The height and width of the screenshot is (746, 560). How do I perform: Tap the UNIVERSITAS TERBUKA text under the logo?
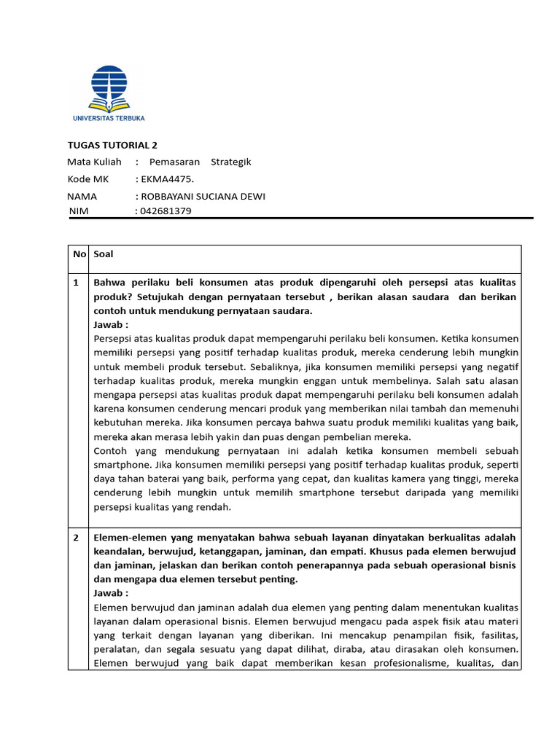(109, 117)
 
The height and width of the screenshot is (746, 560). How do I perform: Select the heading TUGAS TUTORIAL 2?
(112, 145)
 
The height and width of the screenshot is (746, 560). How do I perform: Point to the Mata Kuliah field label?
(94, 162)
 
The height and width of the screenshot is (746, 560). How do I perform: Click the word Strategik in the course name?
(230, 162)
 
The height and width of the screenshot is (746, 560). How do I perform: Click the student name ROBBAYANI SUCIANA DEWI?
(203, 197)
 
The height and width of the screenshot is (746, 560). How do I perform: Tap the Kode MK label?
(89, 179)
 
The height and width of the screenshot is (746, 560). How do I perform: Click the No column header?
(79, 254)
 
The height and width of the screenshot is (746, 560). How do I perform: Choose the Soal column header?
(104, 254)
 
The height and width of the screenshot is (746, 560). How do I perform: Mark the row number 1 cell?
(77, 283)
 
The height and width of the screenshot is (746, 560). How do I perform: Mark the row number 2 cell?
(77, 537)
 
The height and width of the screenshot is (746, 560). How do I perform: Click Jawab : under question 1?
(111, 325)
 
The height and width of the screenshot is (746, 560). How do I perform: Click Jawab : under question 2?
(111, 593)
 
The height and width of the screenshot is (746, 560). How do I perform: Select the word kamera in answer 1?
(419, 479)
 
